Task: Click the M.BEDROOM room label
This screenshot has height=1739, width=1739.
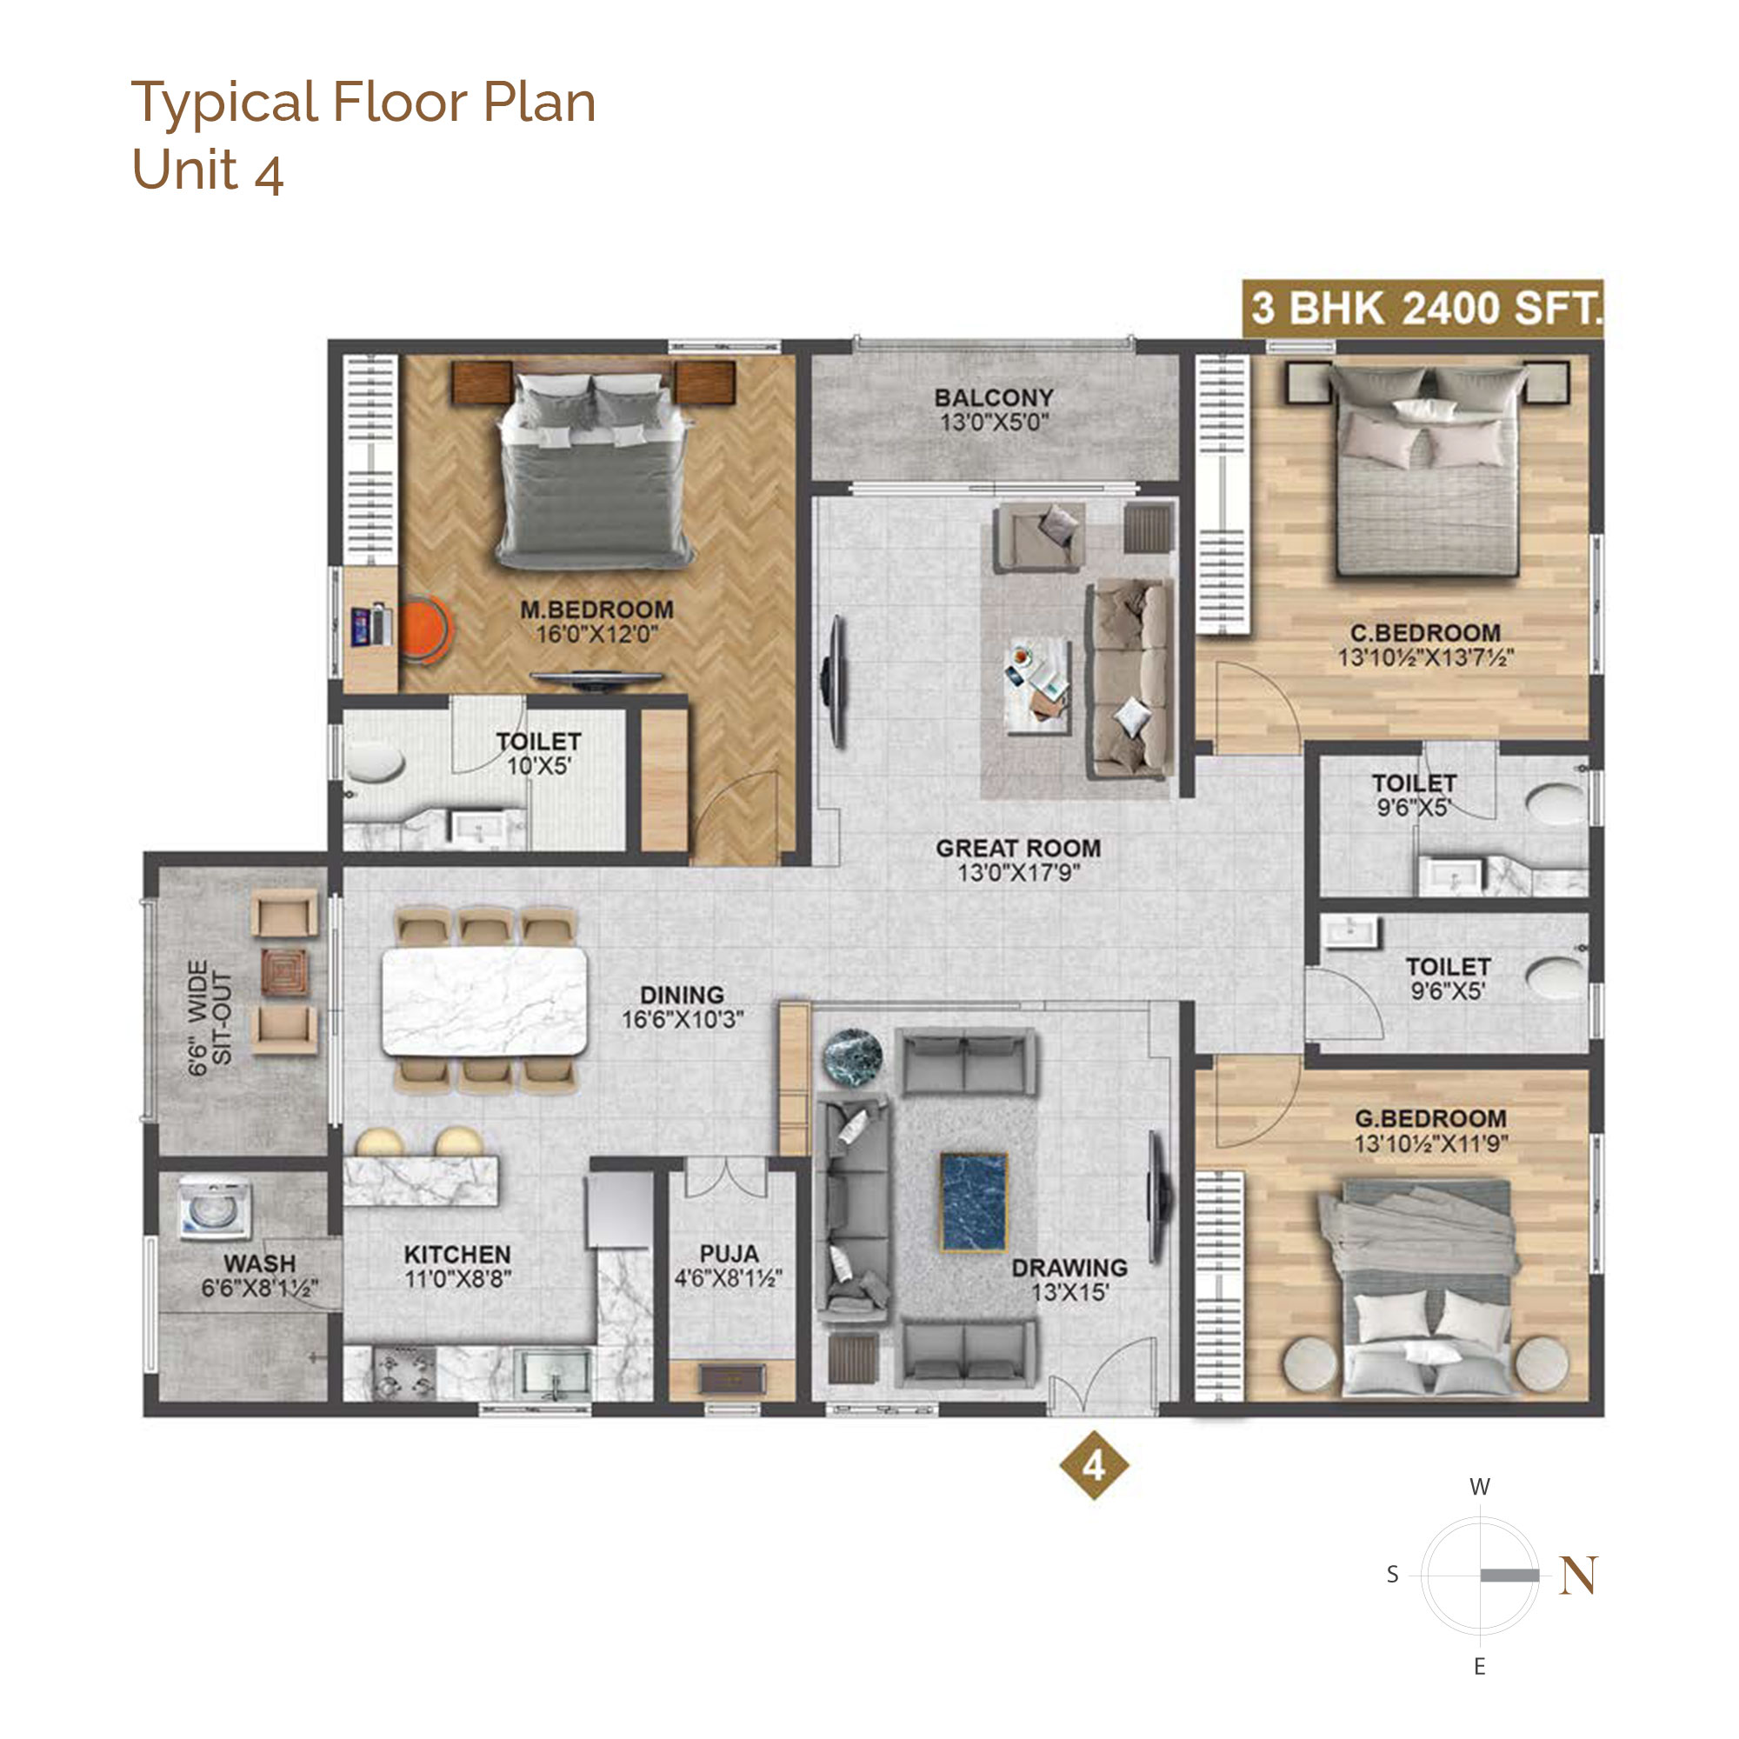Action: pos(596,610)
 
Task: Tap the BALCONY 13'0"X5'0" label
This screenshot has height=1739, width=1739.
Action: pos(994,410)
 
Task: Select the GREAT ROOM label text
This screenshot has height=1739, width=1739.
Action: pos(1018,848)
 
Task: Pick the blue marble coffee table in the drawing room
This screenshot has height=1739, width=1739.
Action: pos(973,1203)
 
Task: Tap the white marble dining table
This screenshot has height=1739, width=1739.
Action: pos(484,1002)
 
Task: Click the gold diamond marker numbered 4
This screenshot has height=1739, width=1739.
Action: pos(1094,1466)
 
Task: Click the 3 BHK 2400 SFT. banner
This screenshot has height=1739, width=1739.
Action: pos(1423,308)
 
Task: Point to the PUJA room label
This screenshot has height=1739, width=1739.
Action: pos(730,1253)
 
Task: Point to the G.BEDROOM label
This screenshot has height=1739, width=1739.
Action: pos(1430,1119)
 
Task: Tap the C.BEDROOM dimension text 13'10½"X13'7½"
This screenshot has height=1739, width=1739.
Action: pos(1426,658)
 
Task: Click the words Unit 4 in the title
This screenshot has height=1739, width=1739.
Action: pos(208,170)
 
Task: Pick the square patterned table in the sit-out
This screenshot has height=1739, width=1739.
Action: pos(284,971)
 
